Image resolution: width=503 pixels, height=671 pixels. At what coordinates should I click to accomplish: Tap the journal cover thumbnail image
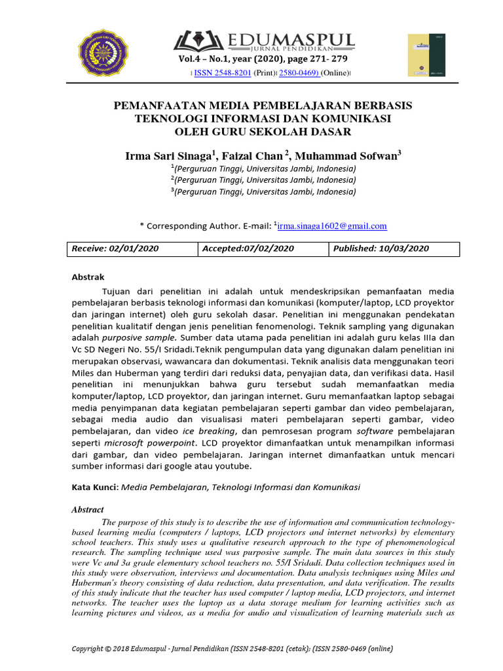tap(426, 55)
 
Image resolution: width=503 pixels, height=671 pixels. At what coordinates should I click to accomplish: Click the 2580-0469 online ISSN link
tap(299, 72)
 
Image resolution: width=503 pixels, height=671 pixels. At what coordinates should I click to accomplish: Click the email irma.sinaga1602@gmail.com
tap(332, 226)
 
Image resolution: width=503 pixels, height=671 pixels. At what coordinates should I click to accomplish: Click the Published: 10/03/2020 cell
tap(394, 249)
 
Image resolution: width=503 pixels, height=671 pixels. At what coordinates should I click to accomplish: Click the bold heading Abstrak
tap(88, 277)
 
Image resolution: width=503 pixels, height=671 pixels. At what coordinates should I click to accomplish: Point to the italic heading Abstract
tap(88, 509)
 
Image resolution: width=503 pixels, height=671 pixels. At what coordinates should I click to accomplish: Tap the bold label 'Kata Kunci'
tap(94, 488)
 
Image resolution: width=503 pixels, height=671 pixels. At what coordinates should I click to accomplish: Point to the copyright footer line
tap(233, 649)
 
